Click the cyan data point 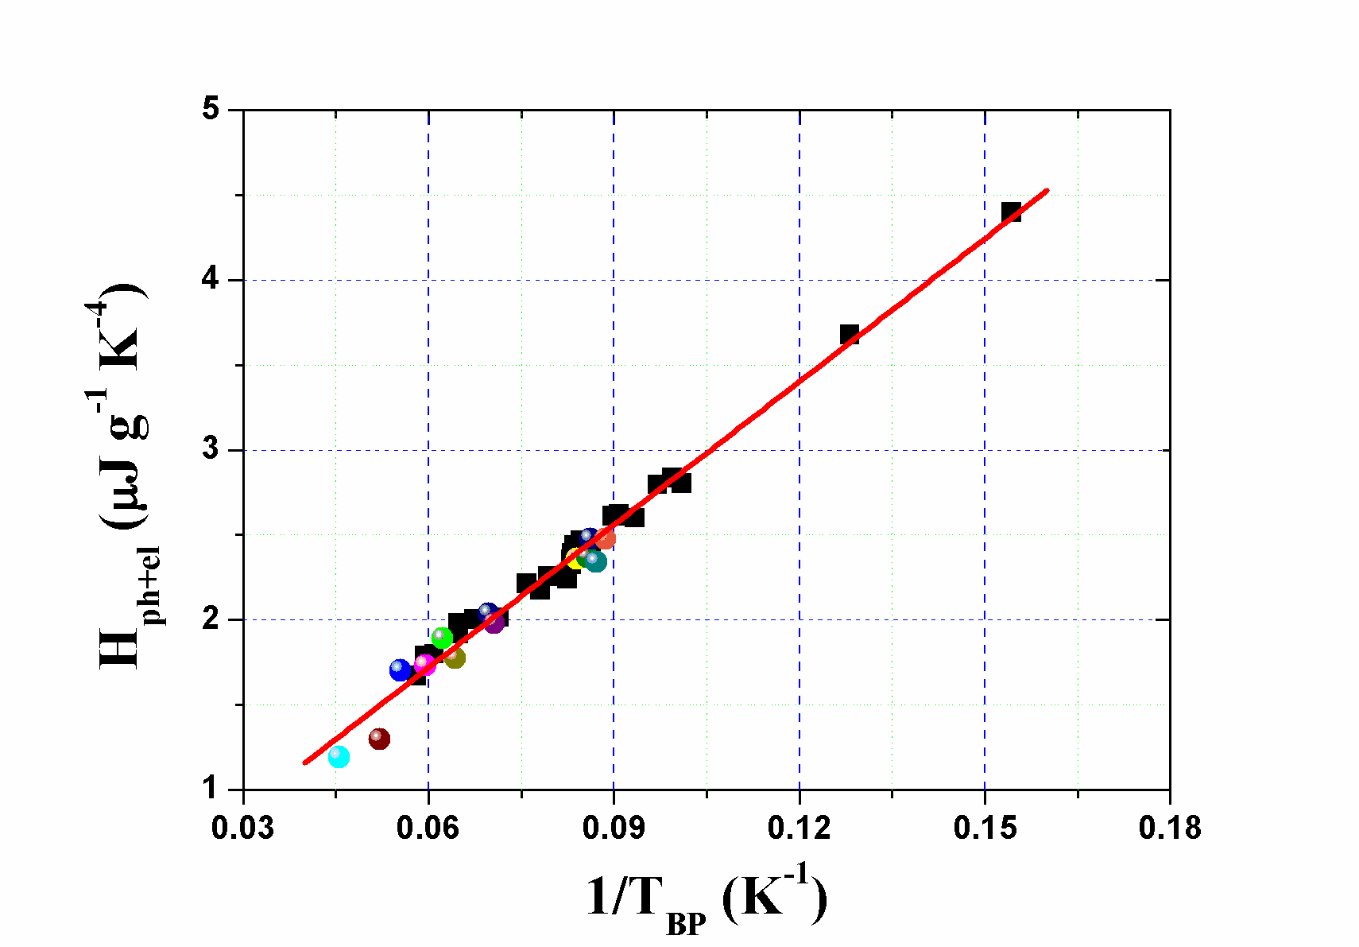(339, 756)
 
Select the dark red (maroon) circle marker (380, 739)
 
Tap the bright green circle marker (442, 638)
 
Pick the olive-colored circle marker (455, 658)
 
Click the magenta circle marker (425, 664)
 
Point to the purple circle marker (494, 623)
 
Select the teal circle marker (595, 561)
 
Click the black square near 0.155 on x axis (1011, 212)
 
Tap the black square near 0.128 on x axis (850, 334)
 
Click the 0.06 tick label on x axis (428, 828)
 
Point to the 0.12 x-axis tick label (799, 828)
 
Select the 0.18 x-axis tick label (1170, 828)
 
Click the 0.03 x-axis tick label (243, 828)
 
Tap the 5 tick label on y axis (211, 109)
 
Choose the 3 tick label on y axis (211, 449)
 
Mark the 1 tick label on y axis (211, 789)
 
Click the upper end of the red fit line (1047, 191)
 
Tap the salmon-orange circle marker (606, 539)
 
